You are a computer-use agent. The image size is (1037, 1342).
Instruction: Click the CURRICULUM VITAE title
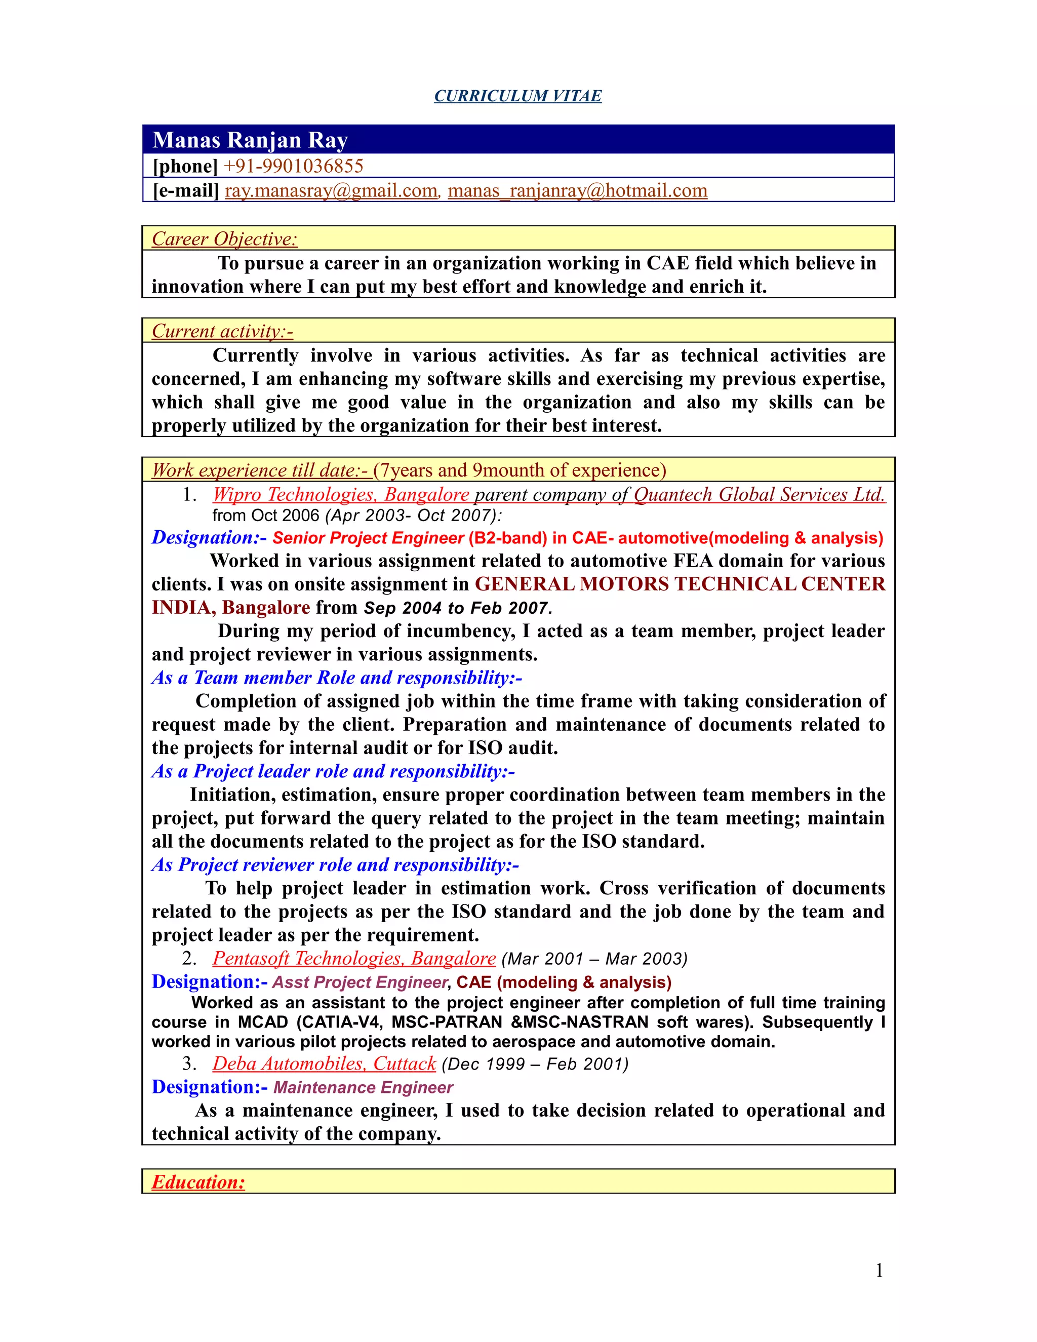tap(517, 96)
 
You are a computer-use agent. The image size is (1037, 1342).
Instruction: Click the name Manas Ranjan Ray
tap(250, 140)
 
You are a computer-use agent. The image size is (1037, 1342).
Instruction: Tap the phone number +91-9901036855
tap(293, 166)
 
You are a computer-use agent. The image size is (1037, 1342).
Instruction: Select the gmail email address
tap(331, 190)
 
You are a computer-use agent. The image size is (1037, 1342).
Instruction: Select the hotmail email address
tap(577, 190)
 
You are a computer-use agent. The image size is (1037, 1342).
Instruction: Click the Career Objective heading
tap(224, 239)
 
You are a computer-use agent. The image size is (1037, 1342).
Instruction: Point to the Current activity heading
tap(222, 331)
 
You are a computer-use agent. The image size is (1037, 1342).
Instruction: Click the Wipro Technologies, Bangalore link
tap(341, 495)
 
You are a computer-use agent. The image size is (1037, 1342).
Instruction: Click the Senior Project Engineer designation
tap(368, 538)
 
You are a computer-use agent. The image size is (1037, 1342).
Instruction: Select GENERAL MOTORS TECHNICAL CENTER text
tap(680, 584)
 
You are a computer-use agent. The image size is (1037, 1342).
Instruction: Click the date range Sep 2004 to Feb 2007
tap(458, 608)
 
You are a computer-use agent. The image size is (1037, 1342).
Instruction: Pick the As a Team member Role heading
tap(337, 678)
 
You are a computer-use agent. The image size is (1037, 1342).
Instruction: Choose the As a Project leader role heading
tap(333, 771)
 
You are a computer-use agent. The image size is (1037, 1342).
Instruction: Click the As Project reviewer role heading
tap(335, 864)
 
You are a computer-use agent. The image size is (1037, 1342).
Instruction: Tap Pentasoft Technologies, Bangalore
tap(354, 959)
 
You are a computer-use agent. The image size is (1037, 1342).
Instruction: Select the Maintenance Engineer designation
tap(363, 1088)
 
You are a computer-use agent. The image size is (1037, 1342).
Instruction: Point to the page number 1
tap(879, 1271)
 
